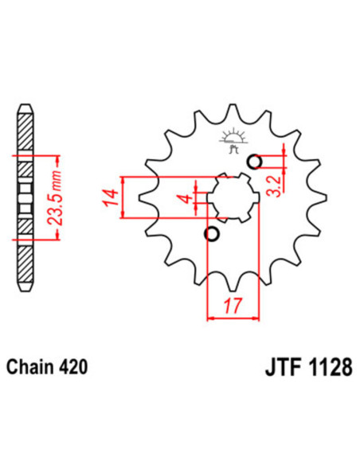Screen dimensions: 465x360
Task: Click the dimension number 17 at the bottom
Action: pos(233,303)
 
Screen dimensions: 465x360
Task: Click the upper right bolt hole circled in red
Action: pos(255,162)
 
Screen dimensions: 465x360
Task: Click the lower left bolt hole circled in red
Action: pos(212,234)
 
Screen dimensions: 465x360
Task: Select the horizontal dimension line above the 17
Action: pos(233,318)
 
